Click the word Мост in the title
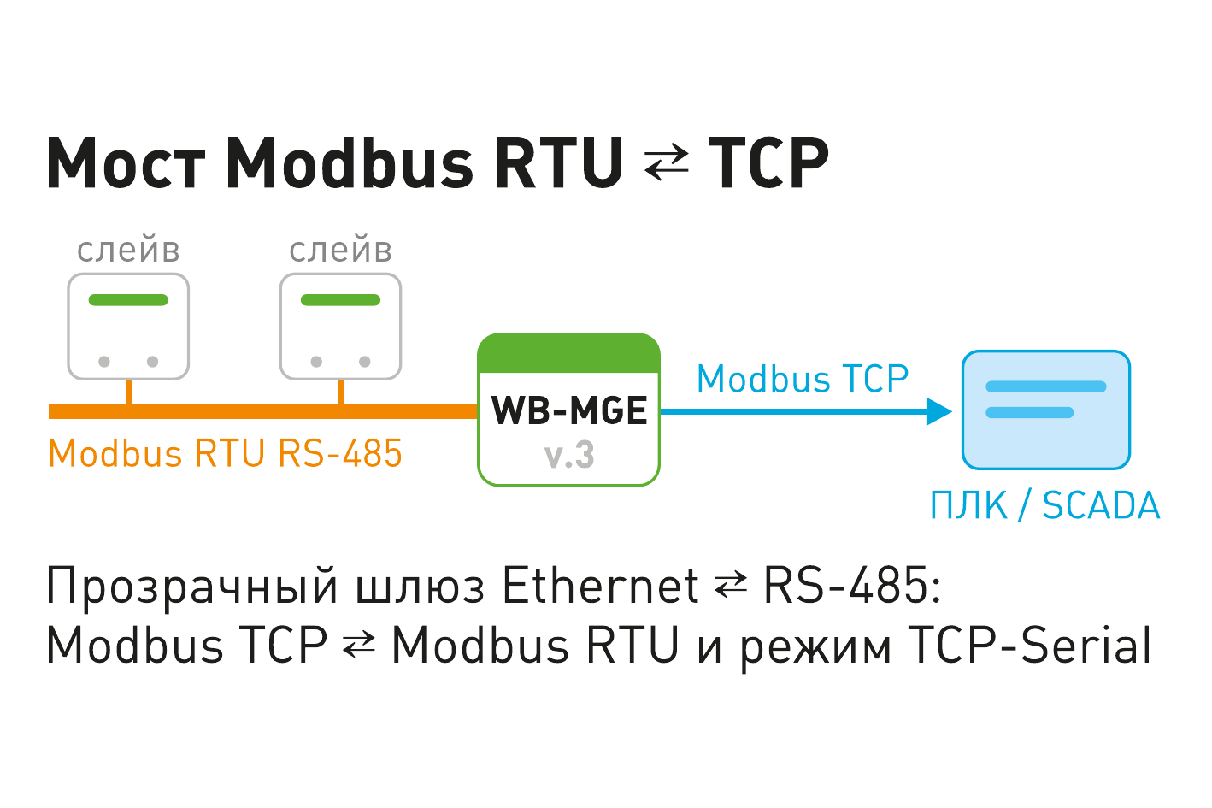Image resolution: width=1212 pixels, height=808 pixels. (126, 162)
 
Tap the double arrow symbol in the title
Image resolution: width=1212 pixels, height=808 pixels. (667, 163)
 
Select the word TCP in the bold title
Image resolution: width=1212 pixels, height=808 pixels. (769, 162)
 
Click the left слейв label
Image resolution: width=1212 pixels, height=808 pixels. (128, 249)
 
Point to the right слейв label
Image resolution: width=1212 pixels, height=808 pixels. (340, 249)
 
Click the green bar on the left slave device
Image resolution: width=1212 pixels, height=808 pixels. (128, 300)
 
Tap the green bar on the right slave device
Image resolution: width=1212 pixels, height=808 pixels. (340, 300)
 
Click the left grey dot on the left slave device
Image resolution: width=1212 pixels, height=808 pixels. (104, 361)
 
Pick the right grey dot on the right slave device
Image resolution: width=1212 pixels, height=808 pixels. (365, 361)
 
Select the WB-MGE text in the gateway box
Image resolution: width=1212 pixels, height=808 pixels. (569, 410)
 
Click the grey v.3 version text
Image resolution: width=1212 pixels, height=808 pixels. (569, 455)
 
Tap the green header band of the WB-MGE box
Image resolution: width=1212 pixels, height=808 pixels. (569, 353)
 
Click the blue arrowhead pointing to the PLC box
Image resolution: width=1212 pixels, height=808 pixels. (938, 411)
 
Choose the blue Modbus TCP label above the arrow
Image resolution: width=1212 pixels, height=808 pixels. (803, 378)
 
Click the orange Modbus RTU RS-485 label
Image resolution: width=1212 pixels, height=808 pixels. (225, 452)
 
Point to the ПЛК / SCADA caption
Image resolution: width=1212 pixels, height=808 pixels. (1045, 505)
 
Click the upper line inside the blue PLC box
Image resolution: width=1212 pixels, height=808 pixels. (1046, 386)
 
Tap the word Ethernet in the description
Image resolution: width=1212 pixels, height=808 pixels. (601, 585)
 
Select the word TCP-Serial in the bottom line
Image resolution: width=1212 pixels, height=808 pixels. (1029, 644)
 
